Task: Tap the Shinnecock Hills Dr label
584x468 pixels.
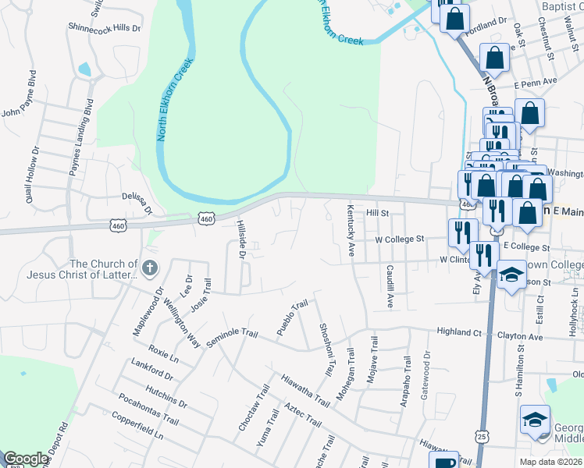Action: click(104, 27)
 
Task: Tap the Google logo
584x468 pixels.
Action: click(26, 459)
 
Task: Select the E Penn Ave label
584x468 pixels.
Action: click(535, 81)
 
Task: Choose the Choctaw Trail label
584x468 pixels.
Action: click(251, 409)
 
